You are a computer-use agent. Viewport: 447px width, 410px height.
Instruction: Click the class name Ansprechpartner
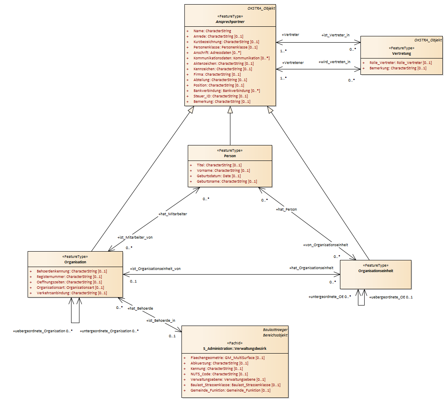click(230, 22)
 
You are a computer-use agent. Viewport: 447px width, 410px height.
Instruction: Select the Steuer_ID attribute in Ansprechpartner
click(221, 96)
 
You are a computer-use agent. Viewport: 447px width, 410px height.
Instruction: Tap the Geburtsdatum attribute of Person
click(219, 176)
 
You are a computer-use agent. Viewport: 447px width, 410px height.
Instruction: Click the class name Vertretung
click(401, 53)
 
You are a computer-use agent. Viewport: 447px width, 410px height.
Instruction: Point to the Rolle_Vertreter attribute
click(401, 63)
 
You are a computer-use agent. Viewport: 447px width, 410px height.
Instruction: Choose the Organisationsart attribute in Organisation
click(70, 288)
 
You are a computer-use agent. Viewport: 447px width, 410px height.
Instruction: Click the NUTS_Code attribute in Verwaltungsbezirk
click(219, 374)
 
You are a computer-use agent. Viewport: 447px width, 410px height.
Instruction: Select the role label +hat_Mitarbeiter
click(173, 214)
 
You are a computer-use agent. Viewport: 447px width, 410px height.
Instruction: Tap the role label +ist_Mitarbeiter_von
click(135, 237)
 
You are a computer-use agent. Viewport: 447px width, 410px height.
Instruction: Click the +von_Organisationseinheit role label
click(326, 245)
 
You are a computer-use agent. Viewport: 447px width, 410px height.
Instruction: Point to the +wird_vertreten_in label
click(335, 62)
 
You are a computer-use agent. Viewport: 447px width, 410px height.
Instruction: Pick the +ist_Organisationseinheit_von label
click(156, 269)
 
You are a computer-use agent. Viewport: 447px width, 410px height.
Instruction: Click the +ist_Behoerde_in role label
click(161, 321)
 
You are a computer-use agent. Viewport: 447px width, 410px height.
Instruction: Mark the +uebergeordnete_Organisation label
click(39, 331)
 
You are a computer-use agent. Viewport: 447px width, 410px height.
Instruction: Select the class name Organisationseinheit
click(376, 271)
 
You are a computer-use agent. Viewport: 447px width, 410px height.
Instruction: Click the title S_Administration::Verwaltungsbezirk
click(235, 349)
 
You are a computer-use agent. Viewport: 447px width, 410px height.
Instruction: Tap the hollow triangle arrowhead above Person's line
click(230, 110)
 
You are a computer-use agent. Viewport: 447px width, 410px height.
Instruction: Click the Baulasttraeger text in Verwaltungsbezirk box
click(275, 330)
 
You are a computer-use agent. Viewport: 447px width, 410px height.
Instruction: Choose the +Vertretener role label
click(293, 63)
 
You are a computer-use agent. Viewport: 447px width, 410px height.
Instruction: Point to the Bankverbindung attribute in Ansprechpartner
click(227, 91)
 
